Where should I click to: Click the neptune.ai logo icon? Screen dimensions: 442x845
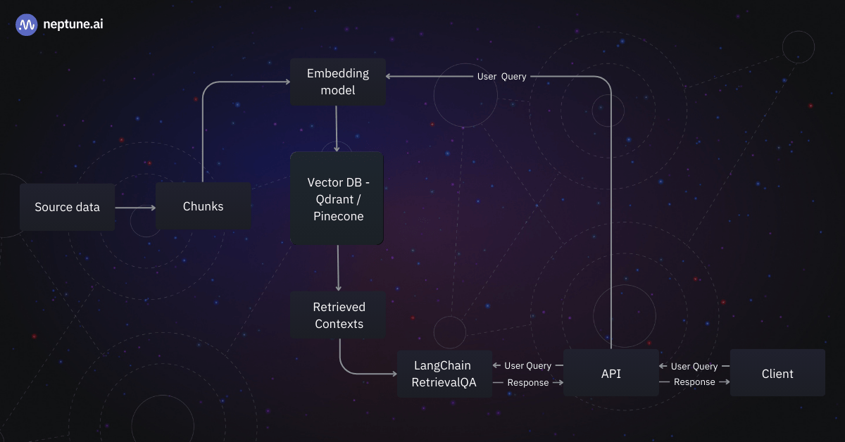click(27, 25)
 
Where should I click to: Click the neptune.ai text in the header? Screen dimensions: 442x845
click(73, 25)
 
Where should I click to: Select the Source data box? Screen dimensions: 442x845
click(68, 207)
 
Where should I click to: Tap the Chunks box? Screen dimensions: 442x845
click(204, 206)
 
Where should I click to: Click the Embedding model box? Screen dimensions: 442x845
click(338, 82)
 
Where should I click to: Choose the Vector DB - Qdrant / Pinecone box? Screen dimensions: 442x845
click(337, 198)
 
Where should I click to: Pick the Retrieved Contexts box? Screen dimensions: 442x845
click(339, 315)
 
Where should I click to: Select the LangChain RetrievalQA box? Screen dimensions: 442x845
click(444, 374)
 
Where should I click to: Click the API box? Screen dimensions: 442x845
click(611, 374)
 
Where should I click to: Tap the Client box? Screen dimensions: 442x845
click(777, 374)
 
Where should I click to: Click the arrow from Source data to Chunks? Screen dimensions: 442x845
click(135, 208)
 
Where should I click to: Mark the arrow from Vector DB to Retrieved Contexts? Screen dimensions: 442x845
click(339, 268)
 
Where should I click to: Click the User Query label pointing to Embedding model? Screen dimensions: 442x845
click(501, 76)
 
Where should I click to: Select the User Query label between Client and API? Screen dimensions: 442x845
click(694, 366)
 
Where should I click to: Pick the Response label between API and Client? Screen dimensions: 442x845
click(694, 382)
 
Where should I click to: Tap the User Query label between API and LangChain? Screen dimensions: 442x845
click(527, 366)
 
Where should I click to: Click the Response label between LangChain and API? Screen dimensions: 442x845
click(528, 383)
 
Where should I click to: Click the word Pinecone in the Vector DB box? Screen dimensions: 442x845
click(339, 216)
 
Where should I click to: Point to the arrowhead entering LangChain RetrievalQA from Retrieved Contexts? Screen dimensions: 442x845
click(393, 373)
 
